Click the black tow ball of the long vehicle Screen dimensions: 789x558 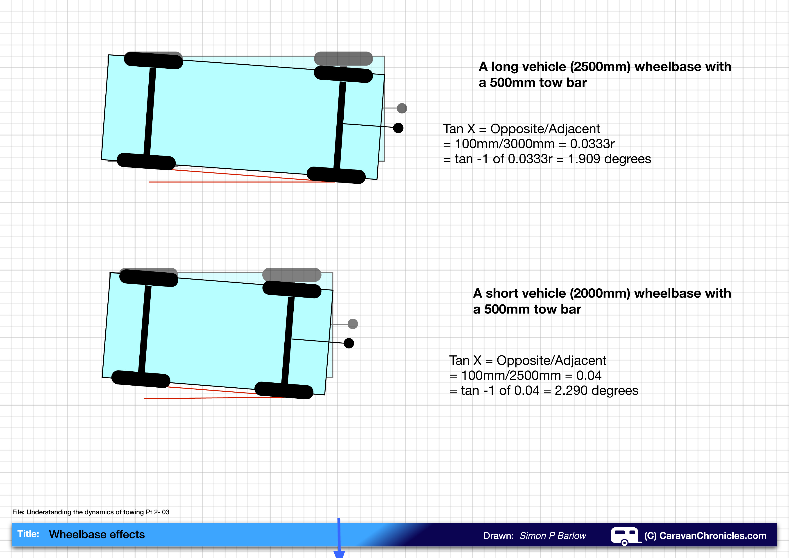pos(398,128)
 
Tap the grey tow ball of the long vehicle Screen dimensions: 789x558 pos(402,108)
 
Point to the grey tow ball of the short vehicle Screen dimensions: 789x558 pos(353,324)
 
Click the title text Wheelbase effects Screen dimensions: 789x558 pos(97,534)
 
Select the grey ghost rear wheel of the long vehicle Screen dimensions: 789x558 pos(343,59)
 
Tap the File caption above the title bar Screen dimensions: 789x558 pos(91,512)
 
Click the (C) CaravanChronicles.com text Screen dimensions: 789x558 pos(705,536)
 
